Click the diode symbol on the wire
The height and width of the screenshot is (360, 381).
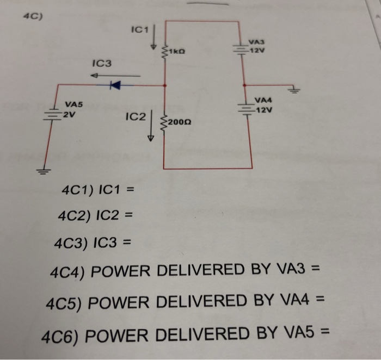(114, 84)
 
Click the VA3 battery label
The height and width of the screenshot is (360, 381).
(256, 42)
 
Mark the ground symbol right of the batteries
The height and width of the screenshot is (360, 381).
(296, 90)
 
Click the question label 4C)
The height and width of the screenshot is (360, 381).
(32, 16)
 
